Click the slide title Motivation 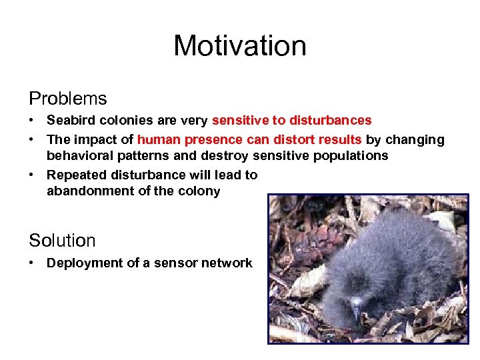(x=240, y=46)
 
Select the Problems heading (x=67, y=99)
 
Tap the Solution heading (x=62, y=240)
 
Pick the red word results (x=340, y=140)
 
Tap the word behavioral (x=78, y=156)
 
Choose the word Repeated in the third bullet (x=74, y=175)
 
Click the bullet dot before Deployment (x=32, y=263)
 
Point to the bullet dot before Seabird (x=32, y=121)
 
